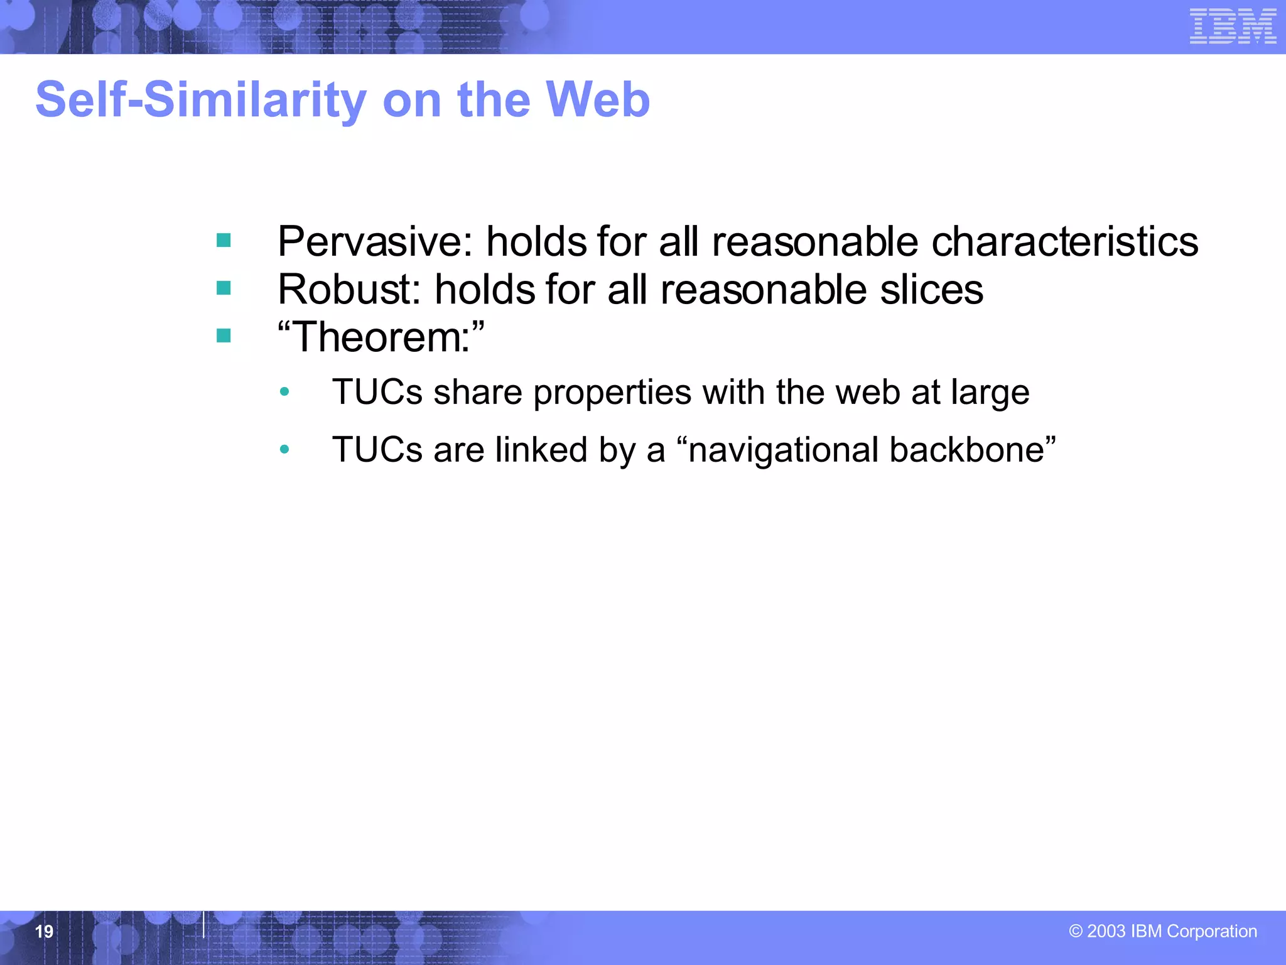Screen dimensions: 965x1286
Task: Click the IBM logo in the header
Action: click(x=1233, y=26)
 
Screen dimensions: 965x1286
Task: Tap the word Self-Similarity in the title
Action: click(x=201, y=100)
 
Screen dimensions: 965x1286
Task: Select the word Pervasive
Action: click(x=374, y=242)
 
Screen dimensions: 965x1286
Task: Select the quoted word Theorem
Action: click(x=381, y=337)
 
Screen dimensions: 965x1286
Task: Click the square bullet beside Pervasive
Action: click(x=224, y=241)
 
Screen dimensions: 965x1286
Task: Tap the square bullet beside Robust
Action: click(x=224, y=288)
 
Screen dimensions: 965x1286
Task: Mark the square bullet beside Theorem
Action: click(x=224, y=336)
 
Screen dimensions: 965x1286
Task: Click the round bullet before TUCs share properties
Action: click(x=284, y=392)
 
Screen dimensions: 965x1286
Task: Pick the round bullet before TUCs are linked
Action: click(x=284, y=449)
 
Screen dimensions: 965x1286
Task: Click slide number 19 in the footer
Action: click(x=44, y=931)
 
